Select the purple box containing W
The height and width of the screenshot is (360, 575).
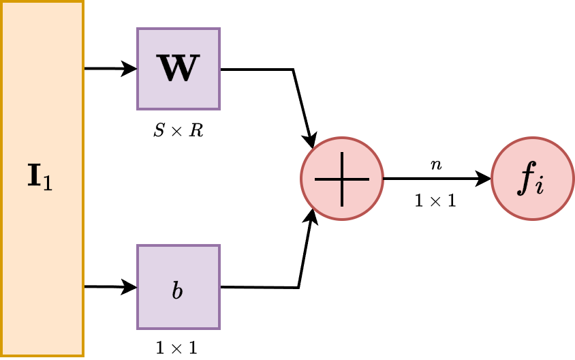point(178,69)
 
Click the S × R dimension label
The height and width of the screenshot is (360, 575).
point(178,130)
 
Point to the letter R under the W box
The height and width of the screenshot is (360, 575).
point(196,130)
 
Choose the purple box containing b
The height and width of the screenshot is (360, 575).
point(178,286)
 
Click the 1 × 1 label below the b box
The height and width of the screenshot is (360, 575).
point(177,348)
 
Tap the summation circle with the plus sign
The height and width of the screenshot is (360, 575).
point(342,179)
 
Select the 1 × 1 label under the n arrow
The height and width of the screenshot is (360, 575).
point(435,201)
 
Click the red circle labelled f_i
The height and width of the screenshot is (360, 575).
point(532,179)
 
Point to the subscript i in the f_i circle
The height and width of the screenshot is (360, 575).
point(540,185)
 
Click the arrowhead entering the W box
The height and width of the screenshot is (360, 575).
point(130,69)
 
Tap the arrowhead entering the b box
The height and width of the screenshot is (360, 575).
point(130,286)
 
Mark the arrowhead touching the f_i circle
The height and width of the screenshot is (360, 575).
point(484,179)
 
